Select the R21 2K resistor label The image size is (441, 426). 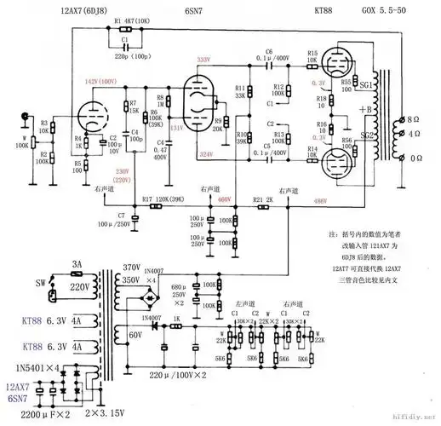pos(263,200)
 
